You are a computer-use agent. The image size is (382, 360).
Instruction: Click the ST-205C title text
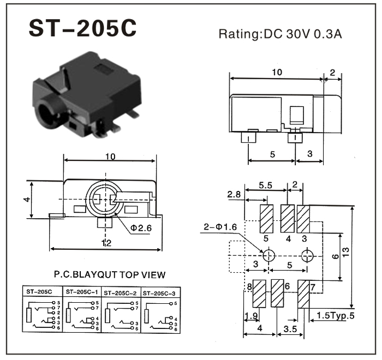[x=82, y=30]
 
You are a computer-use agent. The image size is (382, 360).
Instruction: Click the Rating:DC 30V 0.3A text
[x=281, y=34]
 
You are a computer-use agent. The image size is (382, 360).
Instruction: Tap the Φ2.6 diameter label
[x=140, y=228]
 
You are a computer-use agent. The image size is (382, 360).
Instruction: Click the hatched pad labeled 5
[x=267, y=219]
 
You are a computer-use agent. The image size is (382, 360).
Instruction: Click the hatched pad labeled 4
[x=287, y=219]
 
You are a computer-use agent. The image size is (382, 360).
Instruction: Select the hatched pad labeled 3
[x=303, y=219]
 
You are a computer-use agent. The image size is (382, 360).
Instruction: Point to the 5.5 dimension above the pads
[x=265, y=185]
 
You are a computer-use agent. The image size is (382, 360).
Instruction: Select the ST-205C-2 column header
[x=121, y=292]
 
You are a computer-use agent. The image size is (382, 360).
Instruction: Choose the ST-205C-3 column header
[x=159, y=292]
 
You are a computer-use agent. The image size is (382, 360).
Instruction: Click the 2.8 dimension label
[x=234, y=194]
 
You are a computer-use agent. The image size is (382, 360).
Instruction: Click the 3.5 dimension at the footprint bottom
[x=290, y=329]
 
